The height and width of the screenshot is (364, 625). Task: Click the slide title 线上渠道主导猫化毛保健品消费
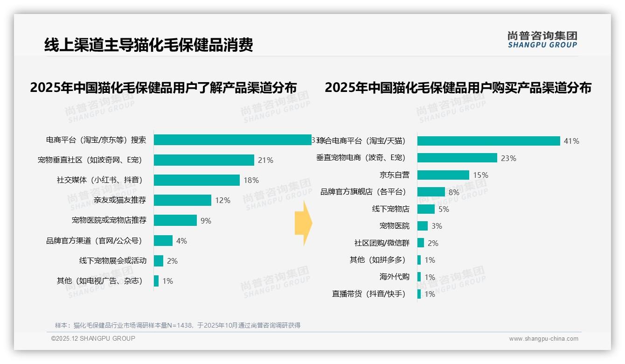pos(148,45)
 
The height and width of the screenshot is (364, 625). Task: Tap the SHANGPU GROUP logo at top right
pos(542,40)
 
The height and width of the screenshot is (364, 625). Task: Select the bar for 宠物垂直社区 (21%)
pos(204,160)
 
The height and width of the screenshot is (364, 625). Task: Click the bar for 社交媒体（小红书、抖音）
pos(196,180)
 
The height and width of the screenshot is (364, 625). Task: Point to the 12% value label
pos(222,200)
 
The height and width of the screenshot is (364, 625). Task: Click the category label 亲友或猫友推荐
pos(119,200)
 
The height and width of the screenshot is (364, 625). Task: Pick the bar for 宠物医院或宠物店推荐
pos(175,220)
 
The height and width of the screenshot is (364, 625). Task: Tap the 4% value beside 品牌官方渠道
pos(181,241)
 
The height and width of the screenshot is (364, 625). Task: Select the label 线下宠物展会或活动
pos(112,260)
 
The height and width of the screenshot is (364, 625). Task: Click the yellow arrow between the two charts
pos(303,224)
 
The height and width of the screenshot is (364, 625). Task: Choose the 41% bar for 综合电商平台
pos(488,141)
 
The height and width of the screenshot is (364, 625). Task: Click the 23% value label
pos(508,158)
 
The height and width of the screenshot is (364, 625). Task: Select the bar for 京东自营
pos(443,175)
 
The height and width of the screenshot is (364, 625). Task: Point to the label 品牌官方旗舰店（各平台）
pos(363,192)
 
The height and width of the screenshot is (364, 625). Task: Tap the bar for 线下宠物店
pos(426,209)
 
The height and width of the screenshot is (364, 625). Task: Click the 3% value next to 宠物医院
pos(437,226)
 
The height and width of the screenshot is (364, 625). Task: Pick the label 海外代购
pos(394,277)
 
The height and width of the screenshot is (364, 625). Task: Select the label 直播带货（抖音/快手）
pos(368,294)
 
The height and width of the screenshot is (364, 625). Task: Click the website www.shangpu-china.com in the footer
pos(543,339)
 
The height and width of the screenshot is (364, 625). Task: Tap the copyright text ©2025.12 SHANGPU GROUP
pos(93,338)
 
